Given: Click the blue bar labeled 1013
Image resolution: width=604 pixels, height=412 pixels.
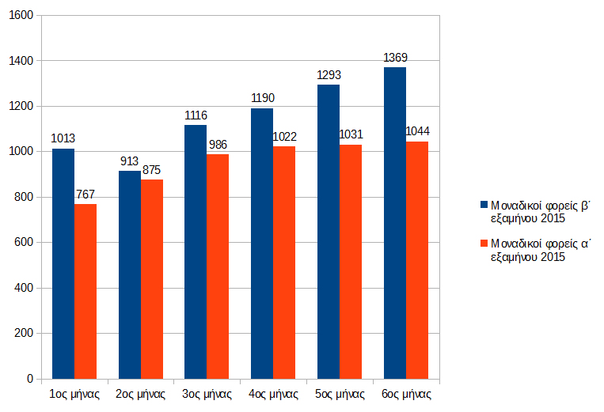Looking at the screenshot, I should click(63, 263).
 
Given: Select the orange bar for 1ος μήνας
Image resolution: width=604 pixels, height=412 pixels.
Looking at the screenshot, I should click(85, 291).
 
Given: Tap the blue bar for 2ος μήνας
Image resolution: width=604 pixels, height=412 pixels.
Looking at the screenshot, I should click(130, 274).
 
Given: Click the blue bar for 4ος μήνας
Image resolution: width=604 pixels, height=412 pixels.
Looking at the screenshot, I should click(262, 244).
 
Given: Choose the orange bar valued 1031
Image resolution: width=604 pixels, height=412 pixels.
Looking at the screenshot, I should click(351, 261).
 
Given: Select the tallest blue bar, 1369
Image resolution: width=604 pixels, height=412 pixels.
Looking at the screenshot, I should click(394, 223).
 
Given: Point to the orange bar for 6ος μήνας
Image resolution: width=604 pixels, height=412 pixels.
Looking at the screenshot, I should click(416, 259).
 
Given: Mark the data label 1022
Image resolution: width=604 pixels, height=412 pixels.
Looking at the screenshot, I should click(284, 137).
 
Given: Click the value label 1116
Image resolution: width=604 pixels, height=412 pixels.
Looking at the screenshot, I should click(196, 115).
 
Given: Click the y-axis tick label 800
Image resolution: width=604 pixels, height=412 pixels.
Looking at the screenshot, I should click(23, 197).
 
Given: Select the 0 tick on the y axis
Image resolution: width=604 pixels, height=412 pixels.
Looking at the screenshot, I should click(29, 379).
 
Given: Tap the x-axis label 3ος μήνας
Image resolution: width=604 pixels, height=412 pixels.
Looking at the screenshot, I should click(207, 393).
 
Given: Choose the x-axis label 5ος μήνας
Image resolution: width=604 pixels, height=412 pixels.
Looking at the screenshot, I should click(340, 393).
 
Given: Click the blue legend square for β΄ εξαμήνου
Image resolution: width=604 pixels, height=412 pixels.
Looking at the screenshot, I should click(484, 205).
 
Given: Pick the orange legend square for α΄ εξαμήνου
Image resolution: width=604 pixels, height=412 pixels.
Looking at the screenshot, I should click(484, 244).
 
